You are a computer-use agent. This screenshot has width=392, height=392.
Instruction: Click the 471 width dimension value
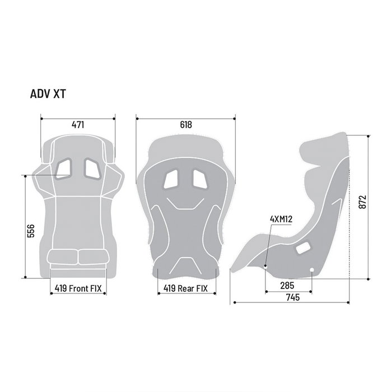(x=78, y=125)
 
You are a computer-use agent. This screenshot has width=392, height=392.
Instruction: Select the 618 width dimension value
(x=185, y=125)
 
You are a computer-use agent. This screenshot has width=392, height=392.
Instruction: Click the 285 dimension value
(x=288, y=285)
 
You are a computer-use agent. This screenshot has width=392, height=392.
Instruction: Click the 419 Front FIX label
(x=78, y=289)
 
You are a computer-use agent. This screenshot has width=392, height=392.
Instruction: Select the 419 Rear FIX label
(x=185, y=289)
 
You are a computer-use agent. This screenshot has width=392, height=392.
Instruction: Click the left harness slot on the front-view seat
(x=63, y=167)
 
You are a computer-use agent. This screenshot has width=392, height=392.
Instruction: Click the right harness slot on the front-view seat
(x=92, y=167)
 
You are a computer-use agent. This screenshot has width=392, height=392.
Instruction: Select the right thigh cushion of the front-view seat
(x=92, y=258)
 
